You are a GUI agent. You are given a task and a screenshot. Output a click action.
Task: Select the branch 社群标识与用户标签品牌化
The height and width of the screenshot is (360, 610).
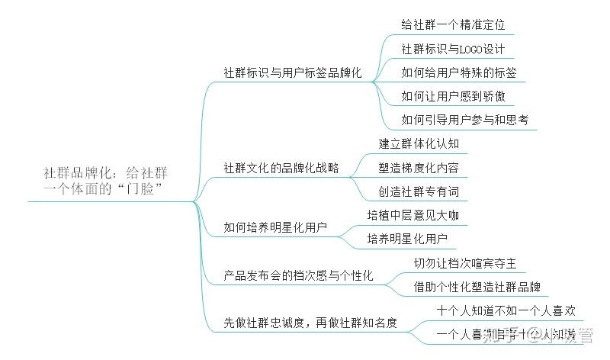pyautogui.click(x=293, y=74)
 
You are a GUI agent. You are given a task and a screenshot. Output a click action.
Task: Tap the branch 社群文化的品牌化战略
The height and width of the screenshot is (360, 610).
pyautogui.click(x=281, y=167)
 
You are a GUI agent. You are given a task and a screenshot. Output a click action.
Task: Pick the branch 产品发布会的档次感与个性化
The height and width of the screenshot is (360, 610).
pyautogui.click(x=298, y=275)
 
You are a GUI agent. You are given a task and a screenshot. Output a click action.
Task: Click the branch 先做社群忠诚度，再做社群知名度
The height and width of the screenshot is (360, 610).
pyautogui.click(x=310, y=323)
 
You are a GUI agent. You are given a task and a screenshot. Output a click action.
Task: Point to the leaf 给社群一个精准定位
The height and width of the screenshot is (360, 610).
pyautogui.click(x=453, y=24)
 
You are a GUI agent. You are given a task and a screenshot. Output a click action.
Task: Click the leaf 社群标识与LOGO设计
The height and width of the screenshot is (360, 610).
pyautogui.click(x=453, y=49)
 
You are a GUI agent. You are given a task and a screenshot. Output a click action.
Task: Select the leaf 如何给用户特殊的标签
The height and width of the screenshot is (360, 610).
pyautogui.click(x=459, y=72)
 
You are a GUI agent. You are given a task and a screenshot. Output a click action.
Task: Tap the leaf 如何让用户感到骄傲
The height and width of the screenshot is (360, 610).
pyautogui.click(x=453, y=96)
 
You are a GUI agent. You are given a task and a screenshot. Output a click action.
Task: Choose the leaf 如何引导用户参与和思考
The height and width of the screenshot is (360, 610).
pyautogui.click(x=465, y=120)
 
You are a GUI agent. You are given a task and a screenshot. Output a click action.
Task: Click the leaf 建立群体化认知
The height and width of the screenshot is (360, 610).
pyautogui.click(x=419, y=143)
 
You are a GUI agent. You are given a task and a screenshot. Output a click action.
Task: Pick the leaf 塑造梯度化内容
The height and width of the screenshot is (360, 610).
pyautogui.click(x=419, y=167)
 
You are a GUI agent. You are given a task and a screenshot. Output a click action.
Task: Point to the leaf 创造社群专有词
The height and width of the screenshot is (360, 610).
pyautogui.click(x=419, y=191)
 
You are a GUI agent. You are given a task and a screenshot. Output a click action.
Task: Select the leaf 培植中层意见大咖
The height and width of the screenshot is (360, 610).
pyautogui.click(x=413, y=215)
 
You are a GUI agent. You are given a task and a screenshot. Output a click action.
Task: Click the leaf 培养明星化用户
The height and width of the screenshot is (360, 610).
pyautogui.click(x=407, y=239)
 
